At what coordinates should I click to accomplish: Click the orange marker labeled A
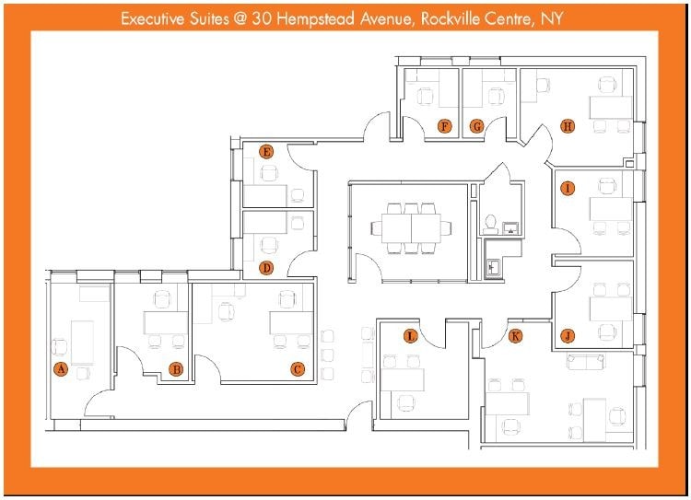point(61,369)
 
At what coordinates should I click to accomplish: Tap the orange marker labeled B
point(176,369)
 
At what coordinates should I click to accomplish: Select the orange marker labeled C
point(298,369)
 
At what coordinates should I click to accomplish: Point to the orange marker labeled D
point(266,268)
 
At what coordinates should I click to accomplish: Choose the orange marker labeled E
point(266,152)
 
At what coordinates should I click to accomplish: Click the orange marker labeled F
point(445,126)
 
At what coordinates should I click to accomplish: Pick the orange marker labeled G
point(477,126)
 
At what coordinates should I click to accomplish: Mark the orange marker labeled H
point(568,126)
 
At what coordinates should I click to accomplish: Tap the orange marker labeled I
point(568,189)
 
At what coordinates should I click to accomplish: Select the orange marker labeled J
point(568,335)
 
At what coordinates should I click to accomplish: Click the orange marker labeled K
point(516,336)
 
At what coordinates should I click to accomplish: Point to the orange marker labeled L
point(411,336)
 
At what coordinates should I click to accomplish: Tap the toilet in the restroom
point(491,222)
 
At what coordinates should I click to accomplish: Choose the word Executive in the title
point(154,18)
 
